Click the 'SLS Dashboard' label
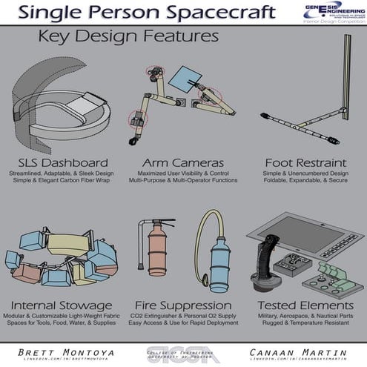coord(63,162)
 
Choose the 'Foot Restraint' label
coord(302,162)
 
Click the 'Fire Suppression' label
coord(183,305)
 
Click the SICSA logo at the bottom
coord(182,351)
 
